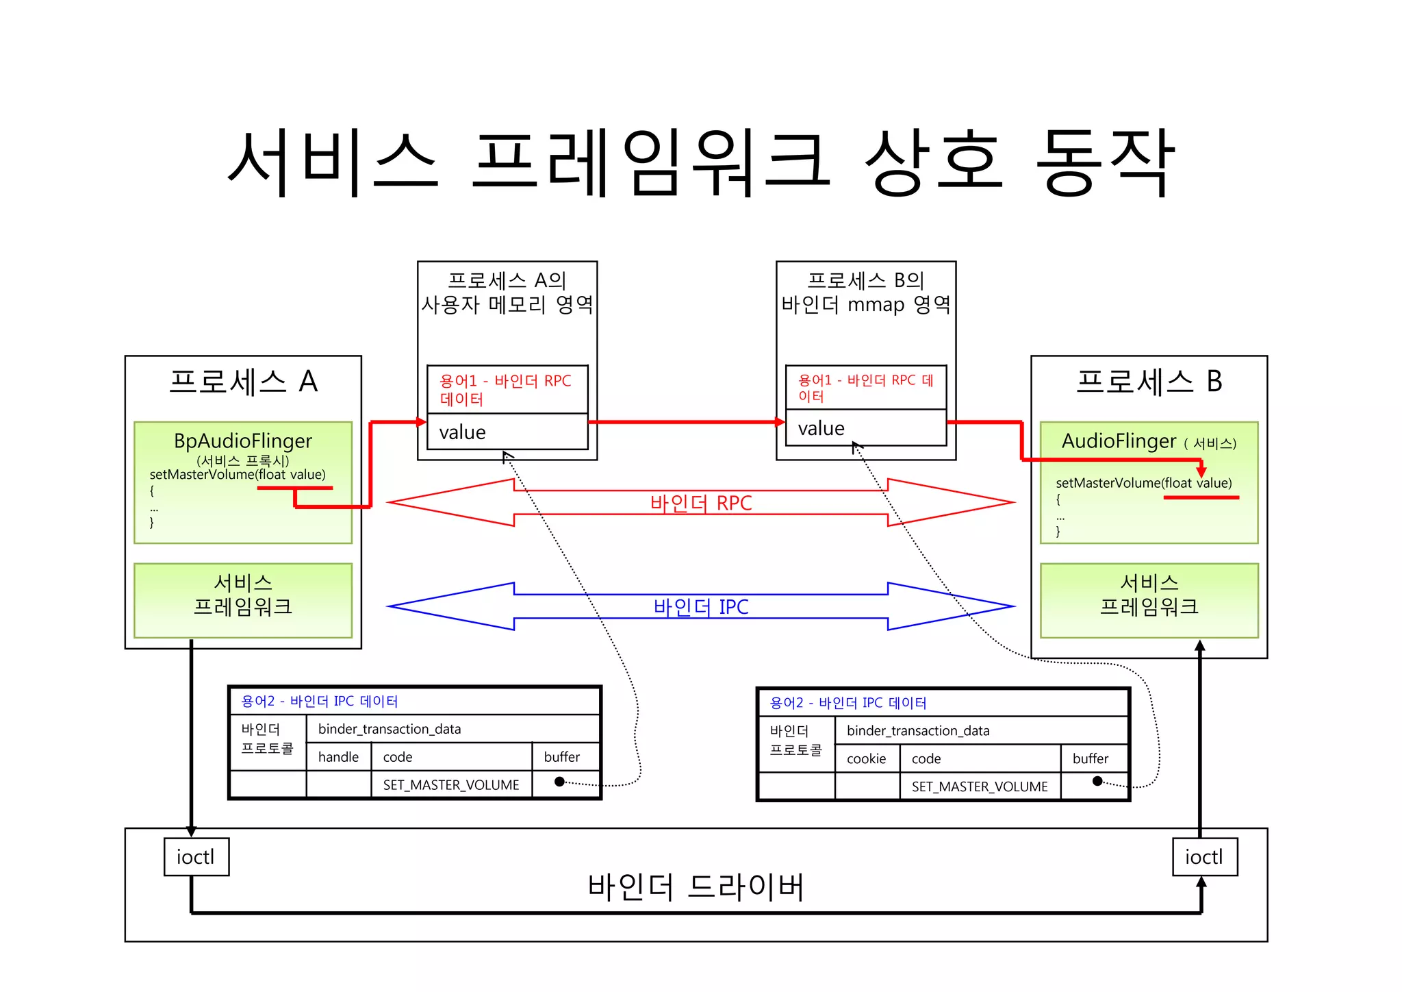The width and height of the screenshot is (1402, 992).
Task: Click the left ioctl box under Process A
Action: pyautogui.click(x=196, y=856)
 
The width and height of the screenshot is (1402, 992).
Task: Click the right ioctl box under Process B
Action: pyautogui.click(x=1204, y=856)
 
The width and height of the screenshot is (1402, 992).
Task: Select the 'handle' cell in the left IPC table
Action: pyautogui.click(x=338, y=757)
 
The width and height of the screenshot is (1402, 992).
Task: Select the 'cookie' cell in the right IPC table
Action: pyautogui.click(x=866, y=758)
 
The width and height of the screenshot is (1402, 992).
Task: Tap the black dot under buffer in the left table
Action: pyautogui.click(x=559, y=782)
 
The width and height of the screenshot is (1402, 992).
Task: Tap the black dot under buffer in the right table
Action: pyautogui.click(x=1097, y=782)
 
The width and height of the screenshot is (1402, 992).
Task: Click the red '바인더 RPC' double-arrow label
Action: pyautogui.click(x=701, y=503)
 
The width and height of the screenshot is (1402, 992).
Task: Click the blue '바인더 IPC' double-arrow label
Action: pyautogui.click(x=701, y=606)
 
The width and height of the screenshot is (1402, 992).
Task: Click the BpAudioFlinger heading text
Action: pyautogui.click(x=243, y=441)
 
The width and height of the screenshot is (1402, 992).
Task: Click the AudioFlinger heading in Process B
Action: pyautogui.click(x=1119, y=441)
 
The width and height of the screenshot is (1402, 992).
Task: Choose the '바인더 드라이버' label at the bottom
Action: pyautogui.click(x=696, y=886)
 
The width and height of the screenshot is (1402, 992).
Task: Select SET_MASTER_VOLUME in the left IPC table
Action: pyautogui.click(x=451, y=785)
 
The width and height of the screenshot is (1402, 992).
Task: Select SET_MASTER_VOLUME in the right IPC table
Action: pyautogui.click(x=980, y=786)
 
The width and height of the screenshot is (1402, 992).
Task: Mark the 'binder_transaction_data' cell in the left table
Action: pyautogui.click(x=390, y=729)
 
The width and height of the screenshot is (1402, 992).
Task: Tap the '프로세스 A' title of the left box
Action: pyautogui.click(x=243, y=382)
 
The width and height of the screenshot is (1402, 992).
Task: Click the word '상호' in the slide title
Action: pyautogui.click(x=933, y=161)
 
